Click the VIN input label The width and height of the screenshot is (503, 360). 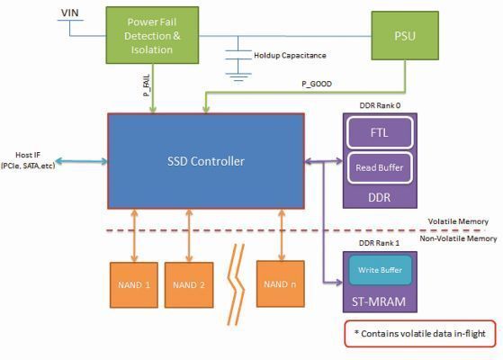[69, 13]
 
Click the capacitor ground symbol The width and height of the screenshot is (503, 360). [238, 76]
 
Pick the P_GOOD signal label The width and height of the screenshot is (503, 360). [317, 83]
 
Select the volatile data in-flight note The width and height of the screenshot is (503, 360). [420, 333]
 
